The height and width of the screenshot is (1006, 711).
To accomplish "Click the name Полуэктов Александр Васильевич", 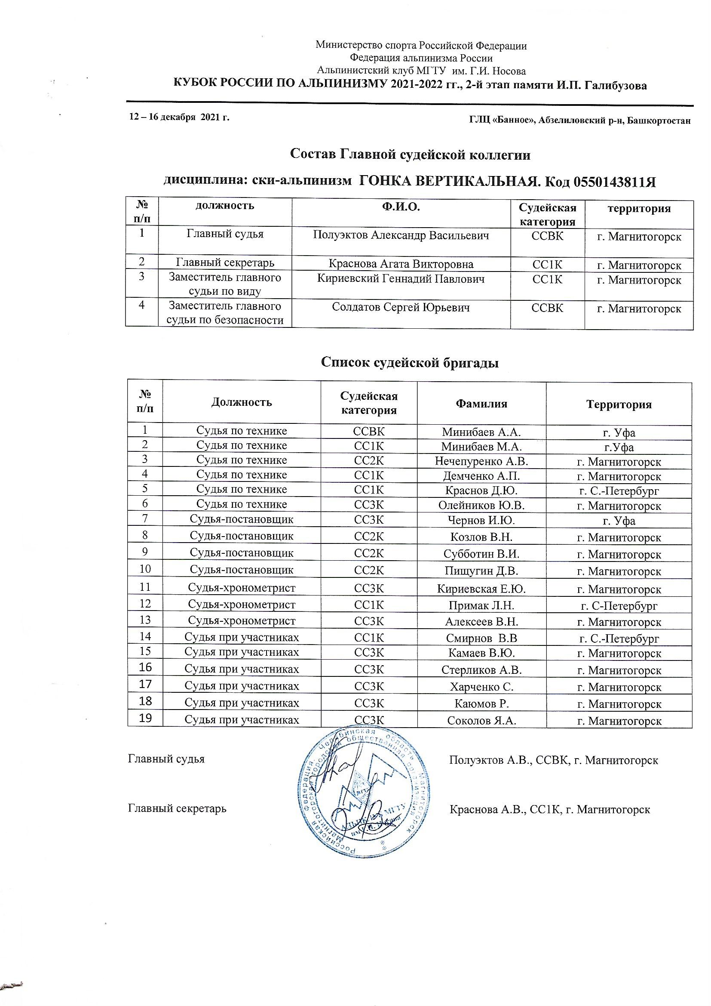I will tap(401, 236).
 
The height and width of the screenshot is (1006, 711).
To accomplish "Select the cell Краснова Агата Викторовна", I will tap(401, 264).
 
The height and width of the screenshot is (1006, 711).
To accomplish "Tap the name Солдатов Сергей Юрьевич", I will tap(401, 307).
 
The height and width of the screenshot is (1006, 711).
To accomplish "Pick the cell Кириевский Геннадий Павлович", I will tap(401, 279).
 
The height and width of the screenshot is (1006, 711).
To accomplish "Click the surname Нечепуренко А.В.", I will tap(481, 461).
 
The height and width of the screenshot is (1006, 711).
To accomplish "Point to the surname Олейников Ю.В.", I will tap(481, 506).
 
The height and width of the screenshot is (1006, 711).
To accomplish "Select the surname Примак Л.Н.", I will tap(481, 606).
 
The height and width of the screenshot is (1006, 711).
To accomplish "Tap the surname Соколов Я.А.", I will tap(481, 720).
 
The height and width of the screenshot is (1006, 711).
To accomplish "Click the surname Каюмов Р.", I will tap(481, 704).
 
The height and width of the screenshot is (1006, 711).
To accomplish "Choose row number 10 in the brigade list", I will tap(145, 569).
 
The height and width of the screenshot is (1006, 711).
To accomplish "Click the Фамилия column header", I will tap(481, 404).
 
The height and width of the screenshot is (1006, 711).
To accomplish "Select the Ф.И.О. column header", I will tap(401, 208).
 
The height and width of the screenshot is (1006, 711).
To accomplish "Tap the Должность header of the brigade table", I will tap(241, 402).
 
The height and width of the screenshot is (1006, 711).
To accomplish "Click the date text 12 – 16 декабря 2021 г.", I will tap(179, 117).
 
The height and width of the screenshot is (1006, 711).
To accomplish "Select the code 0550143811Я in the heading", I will tap(614, 182).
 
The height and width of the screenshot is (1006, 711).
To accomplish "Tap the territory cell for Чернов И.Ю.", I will tap(619, 522).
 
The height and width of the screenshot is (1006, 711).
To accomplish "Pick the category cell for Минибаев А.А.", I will tap(369, 431).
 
